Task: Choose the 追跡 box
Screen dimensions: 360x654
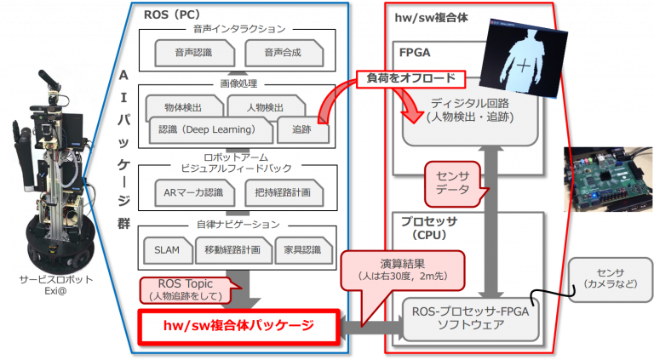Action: click(x=301, y=131)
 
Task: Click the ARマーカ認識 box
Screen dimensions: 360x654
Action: click(x=192, y=192)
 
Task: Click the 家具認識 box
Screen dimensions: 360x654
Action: click(x=301, y=250)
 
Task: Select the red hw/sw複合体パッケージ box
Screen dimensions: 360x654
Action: click(x=238, y=325)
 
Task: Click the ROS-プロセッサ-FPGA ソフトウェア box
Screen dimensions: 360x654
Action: click(x=472, y=318)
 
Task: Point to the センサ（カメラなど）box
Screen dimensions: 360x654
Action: click(x=603, y=277)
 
